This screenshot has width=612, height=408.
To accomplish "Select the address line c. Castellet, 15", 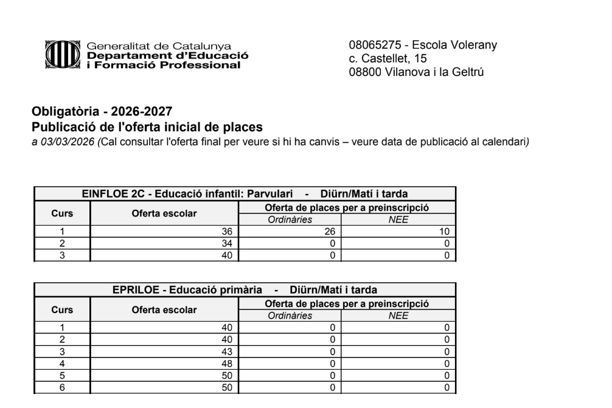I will point(388,58).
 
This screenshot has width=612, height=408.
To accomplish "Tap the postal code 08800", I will point(364,71).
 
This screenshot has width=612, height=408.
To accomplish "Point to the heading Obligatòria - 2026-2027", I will point(102,112).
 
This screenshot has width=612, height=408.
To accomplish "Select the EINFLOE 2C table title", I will point(244,194).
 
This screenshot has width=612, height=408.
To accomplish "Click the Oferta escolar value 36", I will point(228,230).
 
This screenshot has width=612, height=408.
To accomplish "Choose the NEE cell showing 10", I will point(447,230).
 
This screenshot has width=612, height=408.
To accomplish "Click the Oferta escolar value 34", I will point(228,243).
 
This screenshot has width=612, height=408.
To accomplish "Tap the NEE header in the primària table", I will point(398,316).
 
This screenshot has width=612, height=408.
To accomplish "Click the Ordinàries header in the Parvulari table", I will point(291,220).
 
